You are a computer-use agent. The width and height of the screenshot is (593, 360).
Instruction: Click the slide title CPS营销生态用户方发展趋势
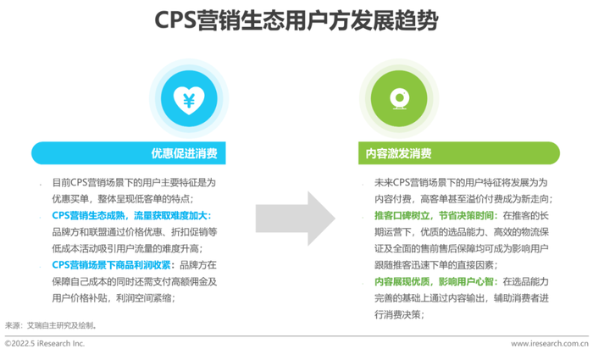[296, 20]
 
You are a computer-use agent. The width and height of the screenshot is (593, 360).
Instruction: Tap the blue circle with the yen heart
[189, 98]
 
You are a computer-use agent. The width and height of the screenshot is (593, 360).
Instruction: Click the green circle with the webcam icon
[399, 98]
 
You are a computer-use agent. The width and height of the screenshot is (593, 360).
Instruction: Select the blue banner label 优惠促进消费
[184, 153]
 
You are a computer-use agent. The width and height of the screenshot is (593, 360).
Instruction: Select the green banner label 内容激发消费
[399, 153]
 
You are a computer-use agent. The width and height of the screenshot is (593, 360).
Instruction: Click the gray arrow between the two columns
[296, 219]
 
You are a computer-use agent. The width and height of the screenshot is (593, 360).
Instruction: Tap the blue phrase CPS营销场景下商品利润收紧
[111, 265]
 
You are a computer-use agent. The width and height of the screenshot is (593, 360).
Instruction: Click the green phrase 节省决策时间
[466, 215]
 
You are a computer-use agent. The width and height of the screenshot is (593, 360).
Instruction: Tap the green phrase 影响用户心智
[466, 282]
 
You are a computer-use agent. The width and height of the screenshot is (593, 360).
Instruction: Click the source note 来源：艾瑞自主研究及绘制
[51, 325]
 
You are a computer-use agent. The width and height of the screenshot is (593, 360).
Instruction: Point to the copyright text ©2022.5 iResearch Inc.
[45, 344]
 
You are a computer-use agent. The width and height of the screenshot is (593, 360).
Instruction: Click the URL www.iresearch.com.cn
[550, 344]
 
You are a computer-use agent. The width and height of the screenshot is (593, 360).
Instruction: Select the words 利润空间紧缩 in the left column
[144, 298]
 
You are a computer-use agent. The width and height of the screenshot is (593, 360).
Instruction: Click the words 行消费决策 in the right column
[397, 314]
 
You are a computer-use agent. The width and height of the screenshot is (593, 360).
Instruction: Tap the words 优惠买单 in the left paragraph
[70, 199]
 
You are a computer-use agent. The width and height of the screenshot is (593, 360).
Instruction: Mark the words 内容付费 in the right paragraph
[392, 199]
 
